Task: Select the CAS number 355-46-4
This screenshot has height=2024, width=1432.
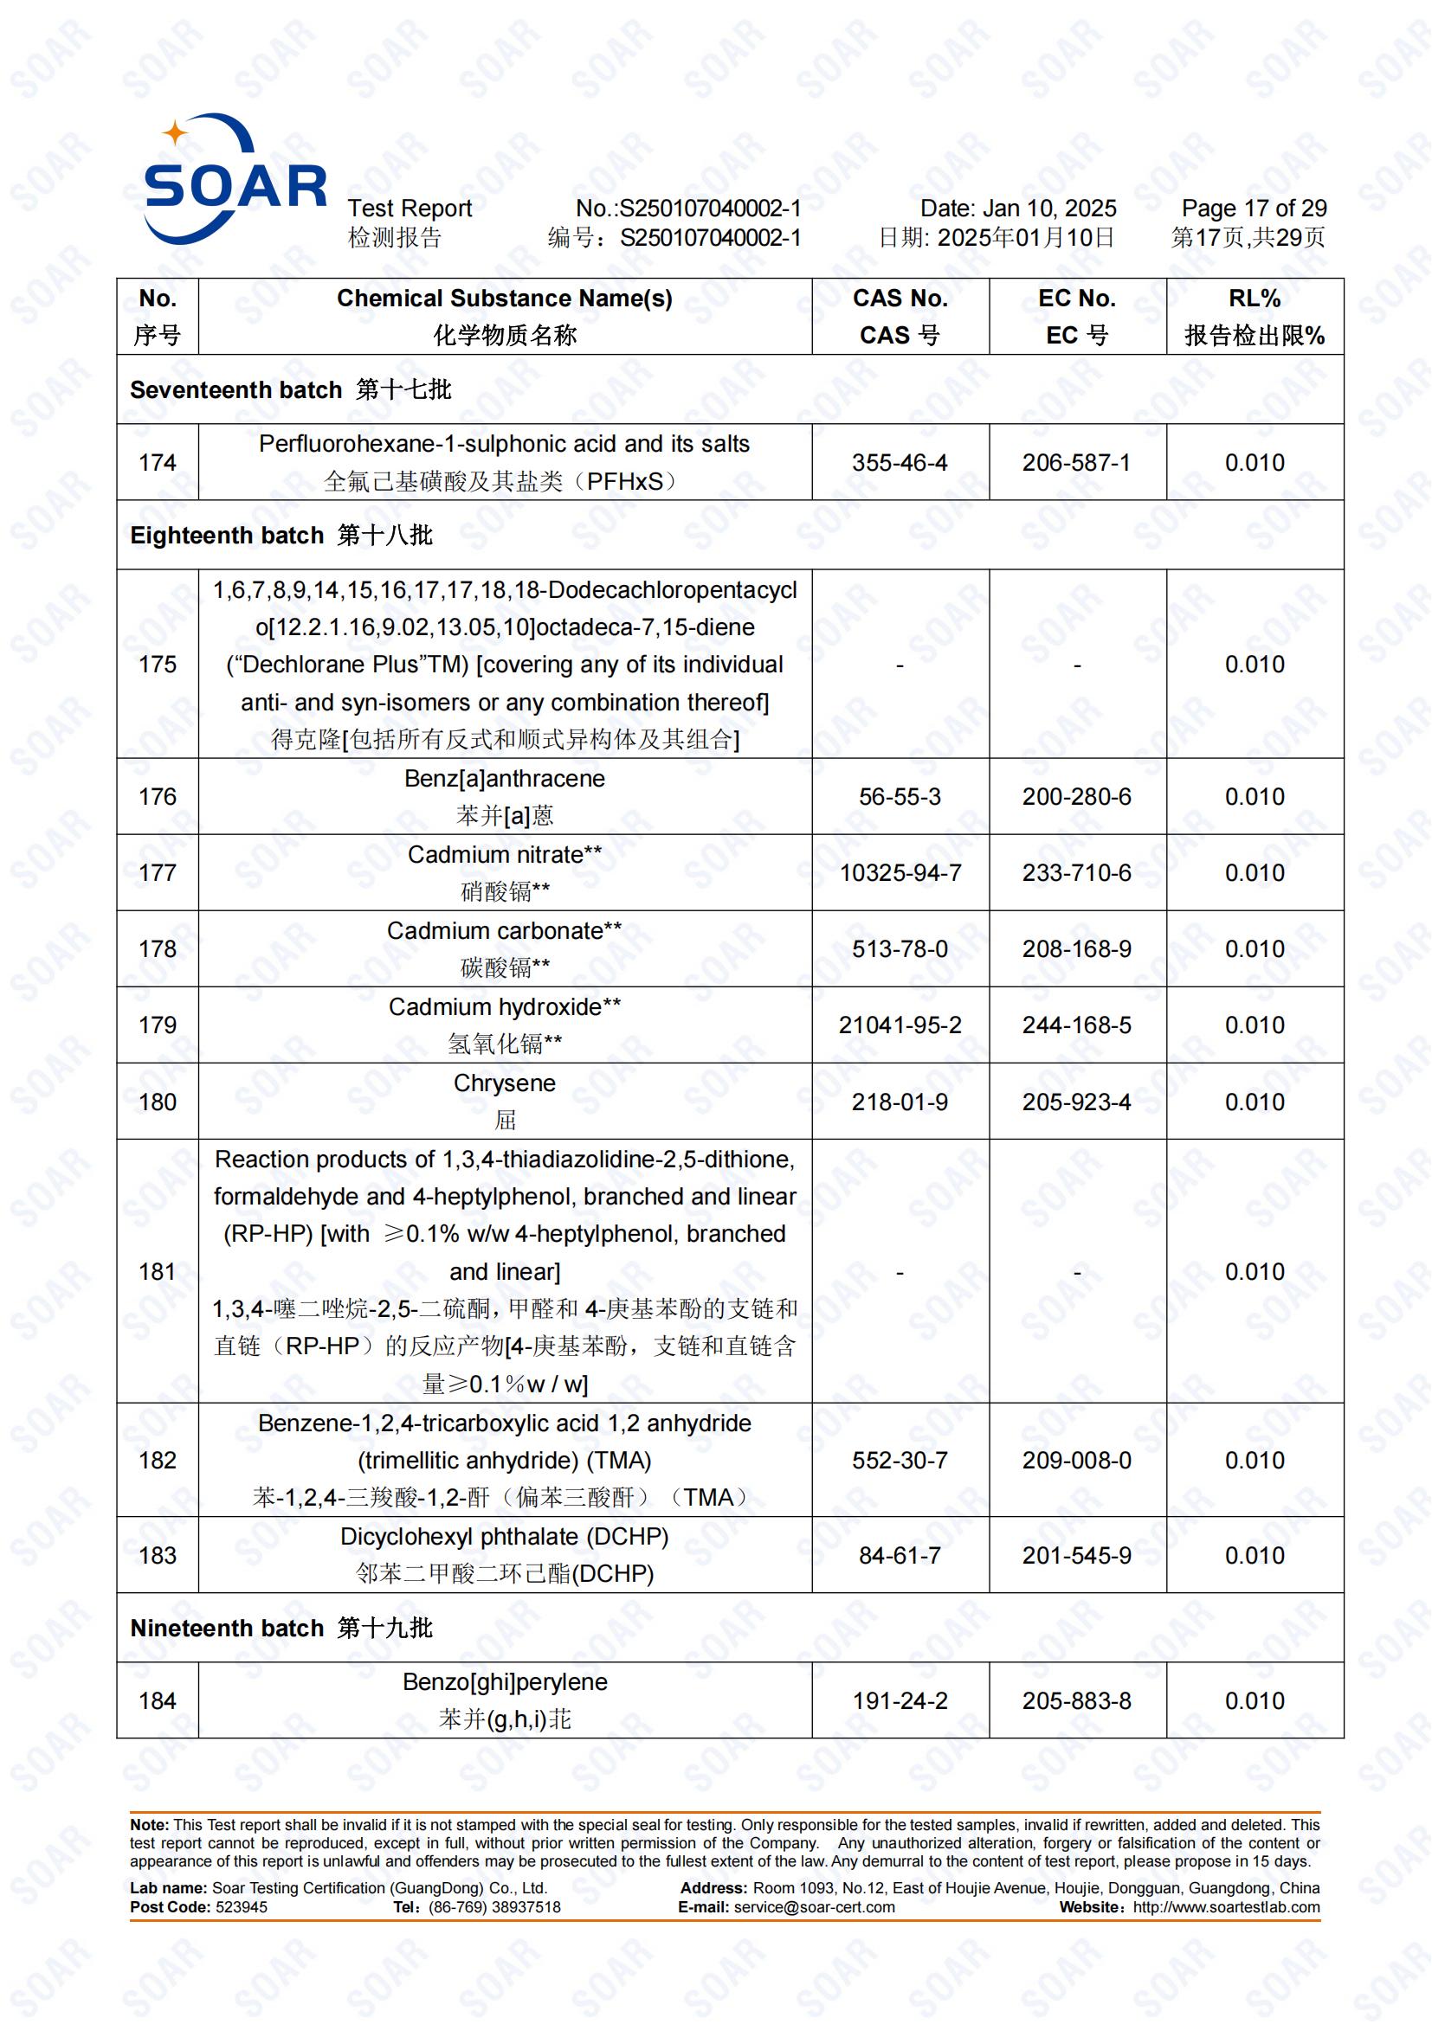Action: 900,463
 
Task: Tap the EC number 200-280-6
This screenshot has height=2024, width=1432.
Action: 1077,797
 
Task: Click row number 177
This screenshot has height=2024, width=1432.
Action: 157,873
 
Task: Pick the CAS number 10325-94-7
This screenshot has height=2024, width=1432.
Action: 900,873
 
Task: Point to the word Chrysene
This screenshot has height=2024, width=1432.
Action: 505,1083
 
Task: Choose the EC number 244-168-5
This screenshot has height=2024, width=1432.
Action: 1077,1025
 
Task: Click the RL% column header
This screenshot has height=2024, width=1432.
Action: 1254,317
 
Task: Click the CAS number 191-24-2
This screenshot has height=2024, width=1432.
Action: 900,1701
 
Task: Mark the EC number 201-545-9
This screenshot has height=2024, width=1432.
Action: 1077,1555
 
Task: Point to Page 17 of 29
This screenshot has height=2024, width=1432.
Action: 1254,209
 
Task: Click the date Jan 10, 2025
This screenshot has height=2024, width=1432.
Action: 1049,209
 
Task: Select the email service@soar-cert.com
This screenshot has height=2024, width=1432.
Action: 814,1907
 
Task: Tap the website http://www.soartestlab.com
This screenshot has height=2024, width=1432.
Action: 1227,1907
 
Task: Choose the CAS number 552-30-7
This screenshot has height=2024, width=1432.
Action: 900,1461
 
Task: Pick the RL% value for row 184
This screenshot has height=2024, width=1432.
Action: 1254,1701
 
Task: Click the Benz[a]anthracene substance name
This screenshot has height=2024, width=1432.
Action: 505,780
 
